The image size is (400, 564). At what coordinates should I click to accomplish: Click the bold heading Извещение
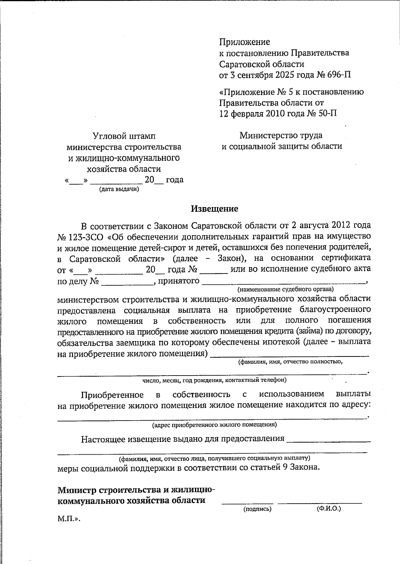[x=214, y=209]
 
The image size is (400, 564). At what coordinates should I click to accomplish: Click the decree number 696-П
[x=339, y=75]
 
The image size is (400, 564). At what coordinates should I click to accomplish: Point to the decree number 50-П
[x=327, y=113]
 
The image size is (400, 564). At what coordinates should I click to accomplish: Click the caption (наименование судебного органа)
[x=285, y=289]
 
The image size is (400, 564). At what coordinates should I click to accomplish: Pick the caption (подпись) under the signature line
[x=257, y=509]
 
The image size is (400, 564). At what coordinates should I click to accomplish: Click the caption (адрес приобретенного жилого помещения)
[x=214, y=425]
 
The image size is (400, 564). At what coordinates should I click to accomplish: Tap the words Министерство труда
[x=281, y=135]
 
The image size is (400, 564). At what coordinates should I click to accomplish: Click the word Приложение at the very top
[x=244, y=42]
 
